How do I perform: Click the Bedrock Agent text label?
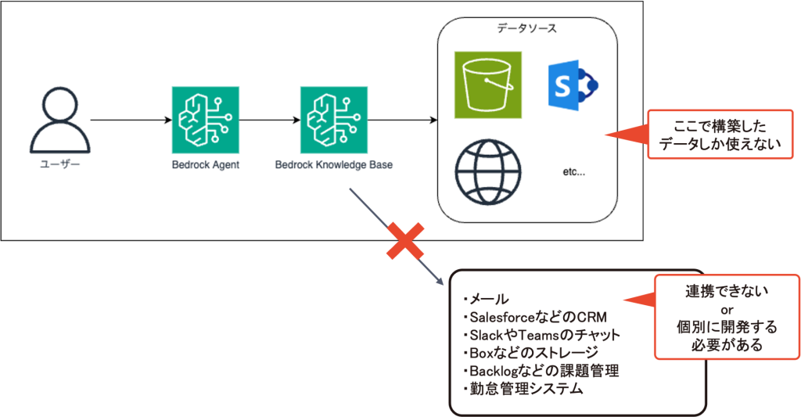(205, 165)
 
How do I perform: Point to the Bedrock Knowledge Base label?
(334, 165)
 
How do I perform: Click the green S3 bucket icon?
(487, 84)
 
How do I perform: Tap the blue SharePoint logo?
(572, 85)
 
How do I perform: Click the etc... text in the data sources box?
(574, 171)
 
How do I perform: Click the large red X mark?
(406, 243)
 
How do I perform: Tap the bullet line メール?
(487, 299)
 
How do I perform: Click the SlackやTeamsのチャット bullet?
(541, 335)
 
